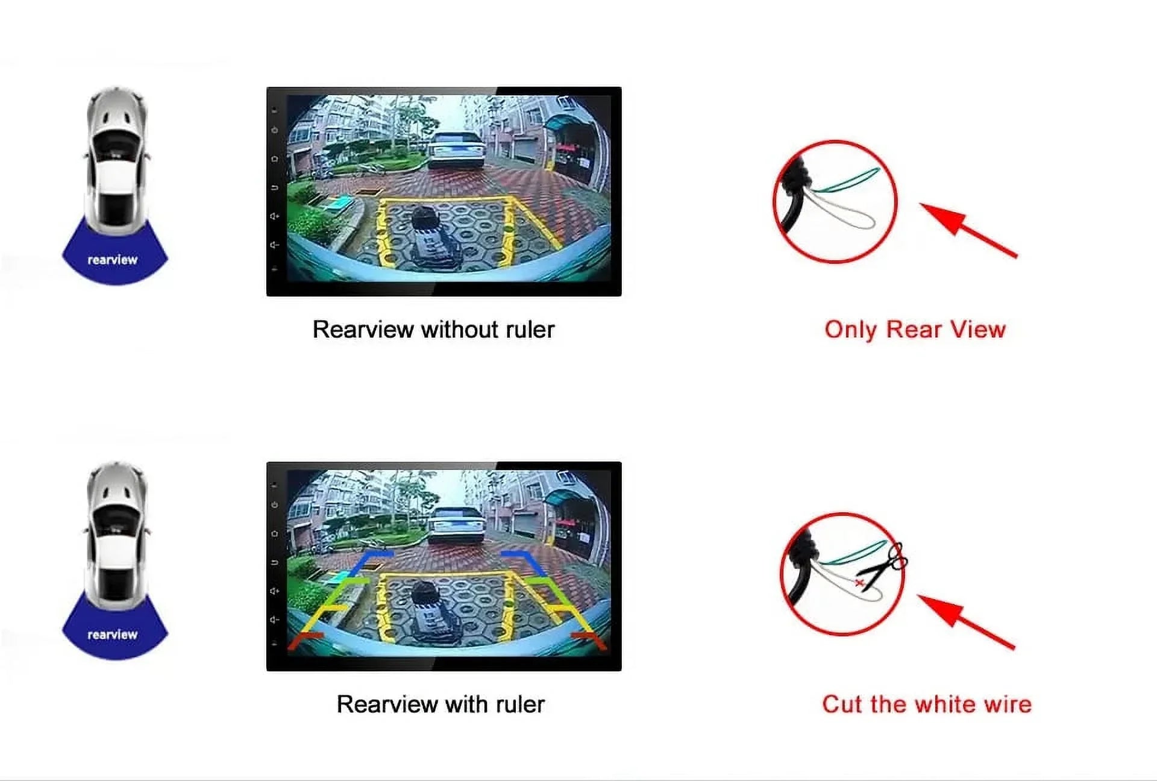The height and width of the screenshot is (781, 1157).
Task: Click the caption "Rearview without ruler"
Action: [433, 330]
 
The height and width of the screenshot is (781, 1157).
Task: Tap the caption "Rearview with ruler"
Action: [441, 704]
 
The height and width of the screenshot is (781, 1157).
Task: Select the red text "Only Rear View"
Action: [915, 330]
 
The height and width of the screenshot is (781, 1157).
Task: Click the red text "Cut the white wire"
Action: [927, 704]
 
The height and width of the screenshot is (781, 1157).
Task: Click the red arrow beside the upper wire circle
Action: [968, 230]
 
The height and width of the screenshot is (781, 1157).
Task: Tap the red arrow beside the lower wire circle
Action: [966, 621]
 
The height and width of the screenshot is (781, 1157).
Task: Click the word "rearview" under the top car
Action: [113, 260]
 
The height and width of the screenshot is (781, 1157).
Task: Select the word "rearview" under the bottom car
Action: [113, 635]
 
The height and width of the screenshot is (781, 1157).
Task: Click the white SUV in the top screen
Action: [456, 148]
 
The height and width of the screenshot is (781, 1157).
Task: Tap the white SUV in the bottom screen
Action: [456, 523]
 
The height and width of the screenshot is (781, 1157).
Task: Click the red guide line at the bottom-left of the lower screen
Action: [305, 640]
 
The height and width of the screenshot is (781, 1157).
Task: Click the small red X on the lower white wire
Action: [859, 583]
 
